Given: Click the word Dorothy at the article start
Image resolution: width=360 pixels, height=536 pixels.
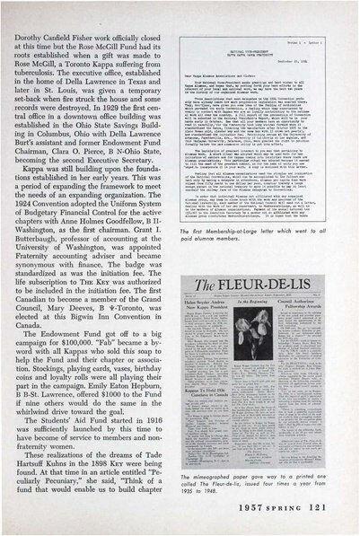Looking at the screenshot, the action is pos(29,15).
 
